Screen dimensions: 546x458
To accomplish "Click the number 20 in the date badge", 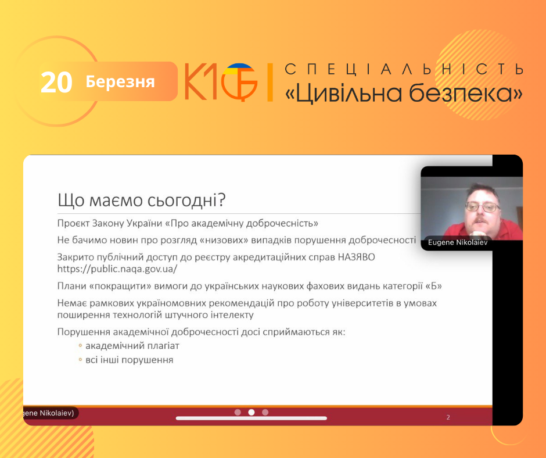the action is [x=56, y=83].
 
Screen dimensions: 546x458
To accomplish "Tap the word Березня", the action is [x=120, y=82].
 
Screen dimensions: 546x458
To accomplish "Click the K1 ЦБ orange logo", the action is [x=221, y=82].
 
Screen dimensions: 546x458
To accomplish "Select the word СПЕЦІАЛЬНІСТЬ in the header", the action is [x=404, y=69].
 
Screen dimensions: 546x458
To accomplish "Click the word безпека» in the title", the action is [x=466, y=93].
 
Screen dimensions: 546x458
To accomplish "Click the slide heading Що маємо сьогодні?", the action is [x=142, y=201].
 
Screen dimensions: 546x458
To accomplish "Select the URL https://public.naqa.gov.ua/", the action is [x=117, y=269].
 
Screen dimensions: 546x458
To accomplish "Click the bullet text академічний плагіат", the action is [x=132, y=346].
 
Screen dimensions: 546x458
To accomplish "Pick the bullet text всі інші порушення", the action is [x=130, y=360].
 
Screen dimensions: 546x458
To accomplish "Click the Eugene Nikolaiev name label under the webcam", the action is [x=458, y=242].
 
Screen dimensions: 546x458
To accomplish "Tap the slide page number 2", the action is [x=448, y=417].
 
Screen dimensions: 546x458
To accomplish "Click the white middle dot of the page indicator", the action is [x=252, y=412].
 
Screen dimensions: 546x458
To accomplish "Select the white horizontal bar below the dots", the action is [x=252, y=418].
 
